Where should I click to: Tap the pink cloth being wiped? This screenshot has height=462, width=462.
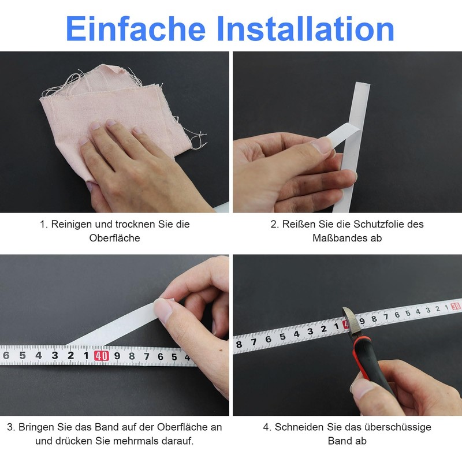[115, 98]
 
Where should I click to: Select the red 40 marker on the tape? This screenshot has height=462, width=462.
[101, 355]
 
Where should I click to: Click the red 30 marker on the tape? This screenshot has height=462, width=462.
[456, 307]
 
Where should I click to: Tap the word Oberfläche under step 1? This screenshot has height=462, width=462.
[114, 238]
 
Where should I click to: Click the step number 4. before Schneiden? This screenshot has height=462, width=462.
[267, 427]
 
